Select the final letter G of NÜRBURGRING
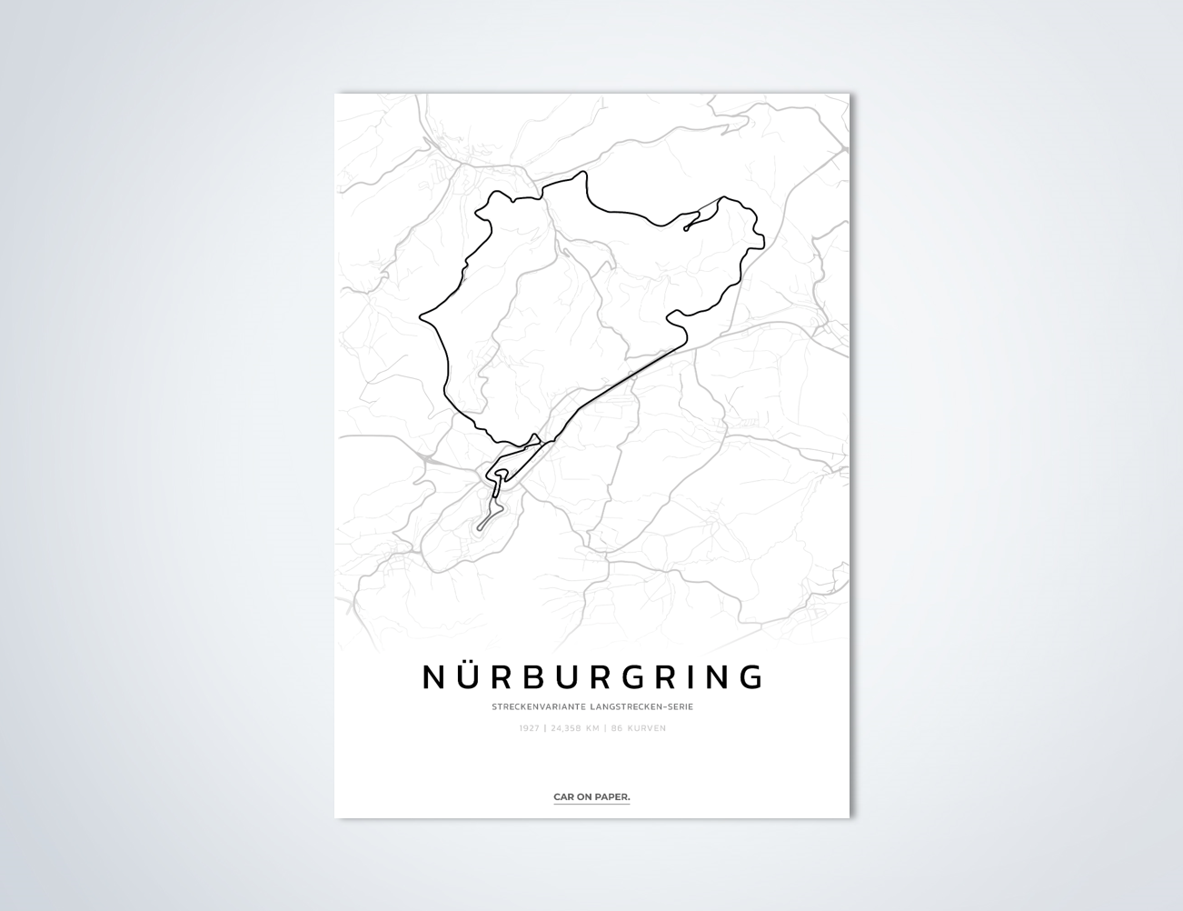[751, 676]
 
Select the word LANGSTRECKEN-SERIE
[641, 706]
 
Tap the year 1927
[530, 728]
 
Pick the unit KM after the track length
[593, 728]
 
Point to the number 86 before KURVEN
[617, 728]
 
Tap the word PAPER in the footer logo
[613, 797]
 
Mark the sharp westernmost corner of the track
[421, 318]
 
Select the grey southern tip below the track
[480, 527]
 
